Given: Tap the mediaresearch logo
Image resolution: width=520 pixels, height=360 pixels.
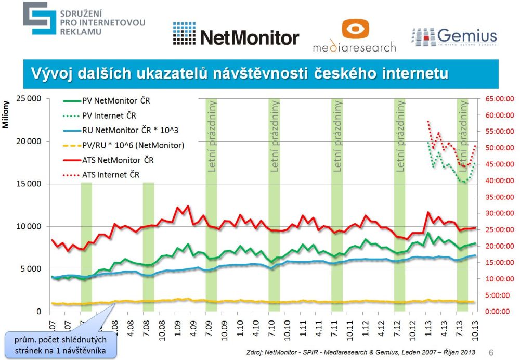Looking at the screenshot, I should (x=354, y=36).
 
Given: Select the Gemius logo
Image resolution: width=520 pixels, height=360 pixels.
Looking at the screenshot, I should (x=454, y=37).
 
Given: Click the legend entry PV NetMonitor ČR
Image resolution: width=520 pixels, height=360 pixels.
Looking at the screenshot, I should (x=115, y=101).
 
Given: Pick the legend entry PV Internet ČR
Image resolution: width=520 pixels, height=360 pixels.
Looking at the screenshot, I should (x=109, y=115).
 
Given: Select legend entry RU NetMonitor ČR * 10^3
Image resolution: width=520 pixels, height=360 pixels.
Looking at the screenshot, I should (x=127, y=131).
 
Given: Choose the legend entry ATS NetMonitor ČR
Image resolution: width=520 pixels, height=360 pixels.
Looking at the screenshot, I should (x=118, y=160).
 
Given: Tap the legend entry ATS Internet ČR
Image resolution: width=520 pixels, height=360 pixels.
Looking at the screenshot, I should (x=111, y=175).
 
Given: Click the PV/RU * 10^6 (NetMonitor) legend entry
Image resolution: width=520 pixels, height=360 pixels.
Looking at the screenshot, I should (x=133, y=145).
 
